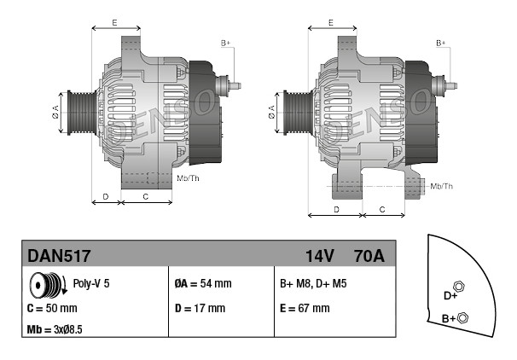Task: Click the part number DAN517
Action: [59, 256]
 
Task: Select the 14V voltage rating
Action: [320, 256]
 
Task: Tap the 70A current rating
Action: [369, 256]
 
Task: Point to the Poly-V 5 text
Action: [91, 283]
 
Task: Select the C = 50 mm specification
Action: [52, 308]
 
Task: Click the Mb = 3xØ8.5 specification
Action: [55, 329]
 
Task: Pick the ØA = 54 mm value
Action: [203, 283]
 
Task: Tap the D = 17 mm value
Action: [200, 308]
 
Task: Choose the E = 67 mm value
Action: [305, 308]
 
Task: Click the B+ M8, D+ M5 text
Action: [313, 283]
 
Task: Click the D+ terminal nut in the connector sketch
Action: [459, 287]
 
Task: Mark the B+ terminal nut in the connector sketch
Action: [463, 317]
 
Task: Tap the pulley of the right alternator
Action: [297, 113]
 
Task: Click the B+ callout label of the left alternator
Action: [225, 44]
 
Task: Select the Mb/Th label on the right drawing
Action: [441, 186]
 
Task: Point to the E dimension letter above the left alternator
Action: [114, 23]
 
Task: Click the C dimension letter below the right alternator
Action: [382, 209]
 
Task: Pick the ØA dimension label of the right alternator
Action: [271, 112]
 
